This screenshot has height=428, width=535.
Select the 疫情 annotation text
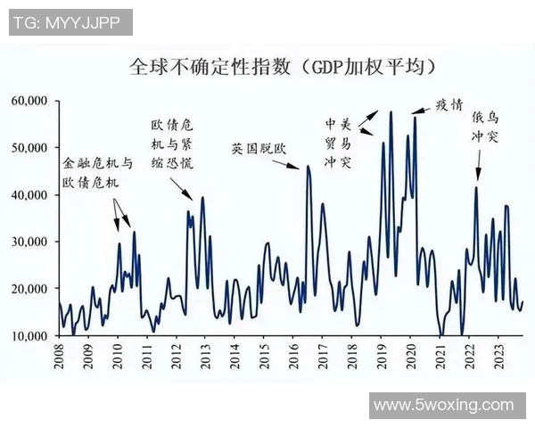[449, 103]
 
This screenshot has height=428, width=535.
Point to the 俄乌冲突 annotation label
[486, 128]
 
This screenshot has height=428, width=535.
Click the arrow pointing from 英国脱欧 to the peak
[296, 159]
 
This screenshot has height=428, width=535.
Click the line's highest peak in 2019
[391, 112]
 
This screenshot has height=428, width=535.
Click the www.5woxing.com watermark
[443, 406]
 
